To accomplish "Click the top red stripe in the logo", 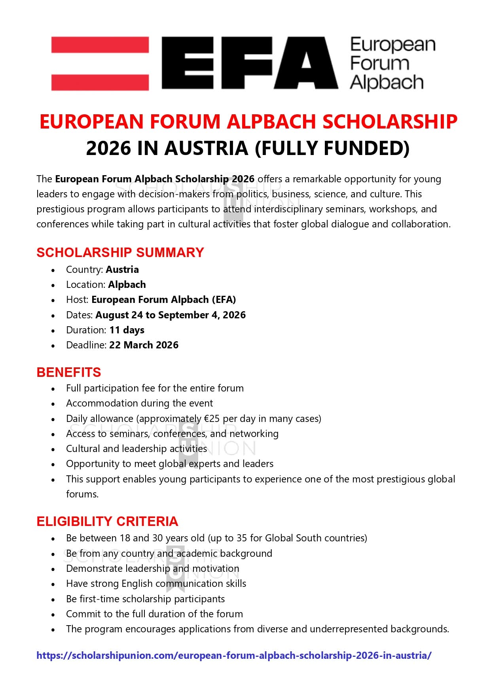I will [x=100, y=44].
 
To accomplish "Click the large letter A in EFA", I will [x=306, y=63].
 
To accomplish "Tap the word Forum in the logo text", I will [x=379, y=63].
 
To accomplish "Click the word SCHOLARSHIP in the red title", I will [x=390, y=121].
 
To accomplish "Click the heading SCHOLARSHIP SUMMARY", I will [x=120, y=252].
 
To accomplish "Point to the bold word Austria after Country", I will [x=122, y=270].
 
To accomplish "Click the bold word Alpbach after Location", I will [x=127, y=285].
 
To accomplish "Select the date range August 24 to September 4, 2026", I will [x=171, y=315].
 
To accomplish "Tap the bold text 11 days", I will [x=127, y=330].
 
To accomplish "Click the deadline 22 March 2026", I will [x=144, y=345].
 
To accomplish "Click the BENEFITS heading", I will [x=69, y=373].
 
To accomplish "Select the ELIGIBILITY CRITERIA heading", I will [x=107, y=522].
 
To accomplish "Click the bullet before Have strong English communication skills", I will [x=53, y=584].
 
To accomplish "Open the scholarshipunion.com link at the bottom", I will [x=234, y=656].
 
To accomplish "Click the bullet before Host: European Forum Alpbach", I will [x=53, y=301].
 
